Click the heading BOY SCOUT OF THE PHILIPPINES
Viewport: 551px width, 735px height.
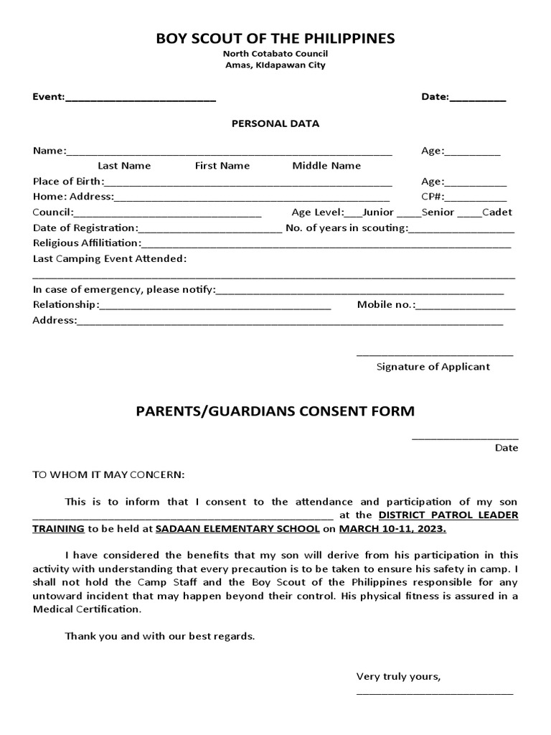pyautogui.click(x=275, y=38)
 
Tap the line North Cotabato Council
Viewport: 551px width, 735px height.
pyautogui.click(x=275, y=54)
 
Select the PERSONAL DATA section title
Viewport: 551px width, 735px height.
pyautogui.click(x=275, y=123)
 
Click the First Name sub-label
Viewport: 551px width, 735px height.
pyautogui.click(x=222, y=166)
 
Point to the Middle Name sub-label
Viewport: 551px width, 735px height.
pyautogui.click(x=326, y=166)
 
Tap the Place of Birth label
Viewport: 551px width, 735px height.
pyautogui.click(x=68, y=182)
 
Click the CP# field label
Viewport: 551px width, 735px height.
pyautogui.click(x=433, y=197)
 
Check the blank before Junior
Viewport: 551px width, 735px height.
pyautogui.click(x=354, y=212)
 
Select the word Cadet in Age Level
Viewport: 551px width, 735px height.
pyautogui.click(x=497, y=212)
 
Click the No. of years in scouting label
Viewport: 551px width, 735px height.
pyautogui.click(x=347, y=228)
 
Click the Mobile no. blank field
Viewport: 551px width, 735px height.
pyautogui.click(x=466, y=305)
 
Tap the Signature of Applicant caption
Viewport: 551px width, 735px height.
pyautogui.click(x=433, y=367)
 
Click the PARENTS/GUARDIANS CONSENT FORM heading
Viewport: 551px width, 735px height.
pyautogui.click(x=275, y=411)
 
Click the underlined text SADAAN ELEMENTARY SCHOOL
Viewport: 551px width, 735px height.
pyautogui.click(x=237, y=530)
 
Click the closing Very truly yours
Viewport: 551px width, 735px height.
pyautogui.click(x=399, y=677)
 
